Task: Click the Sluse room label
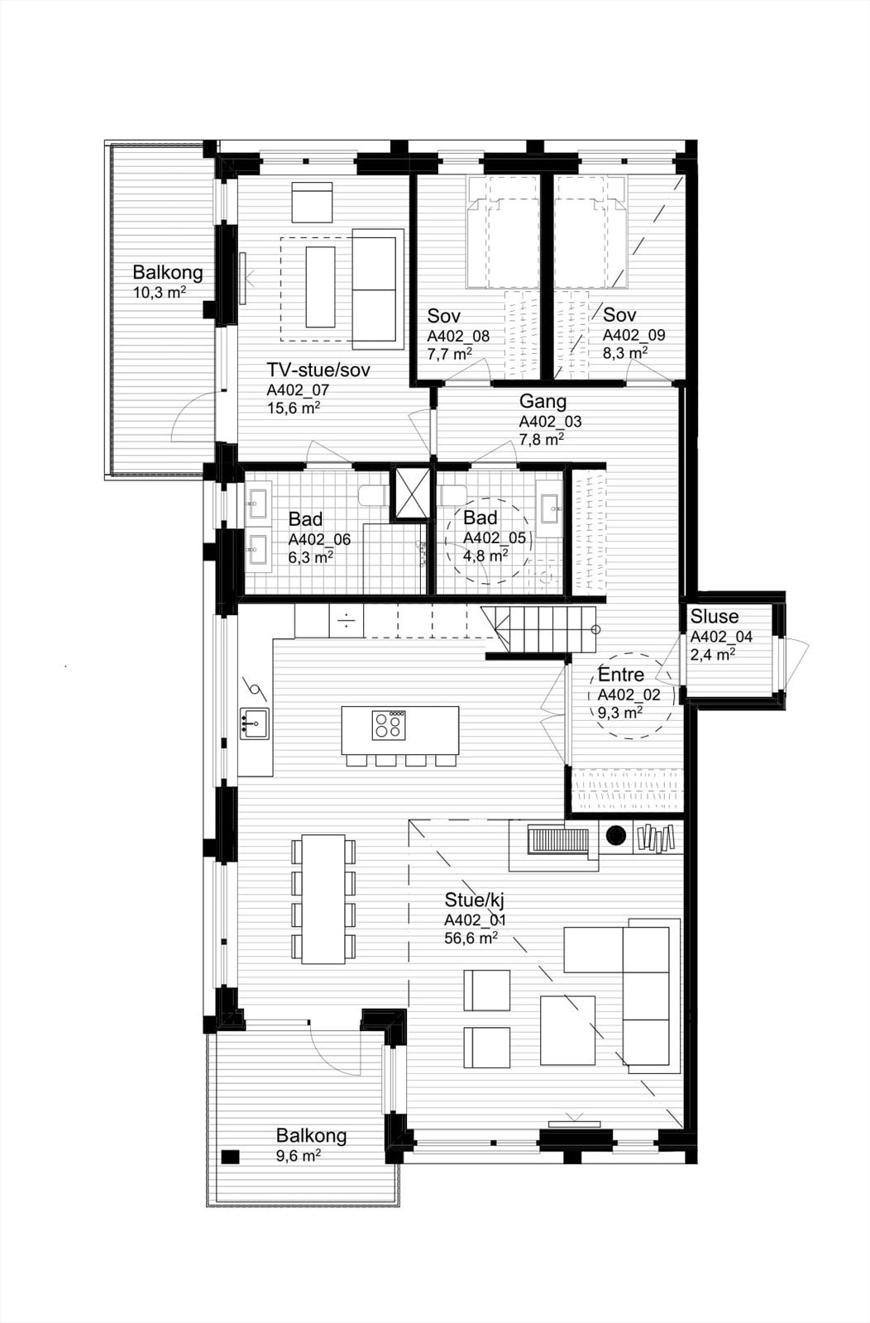click(x=715, y=617)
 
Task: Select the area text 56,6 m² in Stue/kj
click(x=471, y=938)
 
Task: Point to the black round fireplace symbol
click(x=616, y=836)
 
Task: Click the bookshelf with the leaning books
click(x=658, y=838)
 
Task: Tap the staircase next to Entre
click(x=542, y=628)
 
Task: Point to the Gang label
click(x=543, y=402)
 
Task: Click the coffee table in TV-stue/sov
click(x=322, y=285)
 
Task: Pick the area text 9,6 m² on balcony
click(x=299, y=1155)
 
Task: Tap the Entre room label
click(x=621, y=675)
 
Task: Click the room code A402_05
click(x=495, y=538)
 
